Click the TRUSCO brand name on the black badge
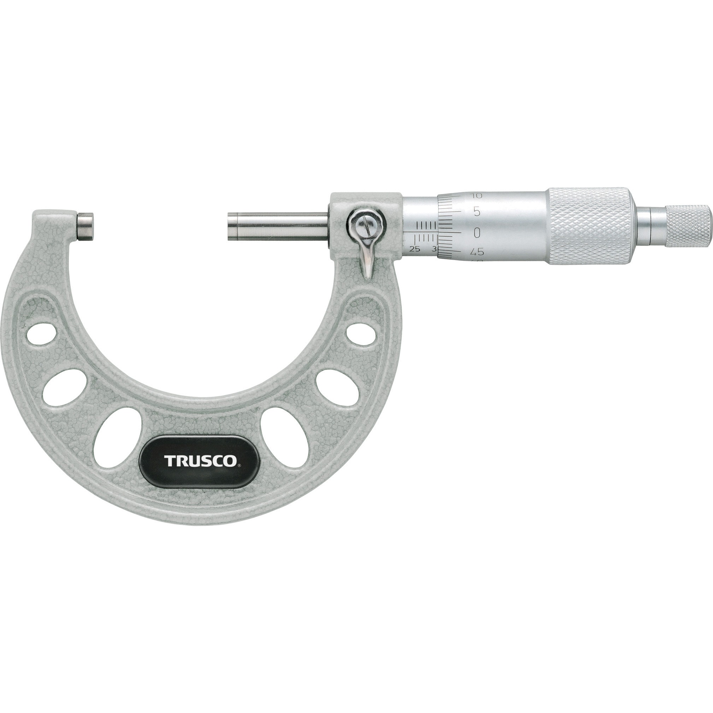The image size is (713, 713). point(200,461)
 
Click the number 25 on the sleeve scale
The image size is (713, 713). point(415,249)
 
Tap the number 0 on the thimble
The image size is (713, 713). point(477,232)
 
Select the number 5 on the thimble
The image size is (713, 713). point(477,212)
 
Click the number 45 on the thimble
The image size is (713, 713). point(477,252)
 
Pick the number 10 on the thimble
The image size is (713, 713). point(477,196)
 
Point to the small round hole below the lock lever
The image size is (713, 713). point(361,335)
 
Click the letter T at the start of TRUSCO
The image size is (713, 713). point(169,461)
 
